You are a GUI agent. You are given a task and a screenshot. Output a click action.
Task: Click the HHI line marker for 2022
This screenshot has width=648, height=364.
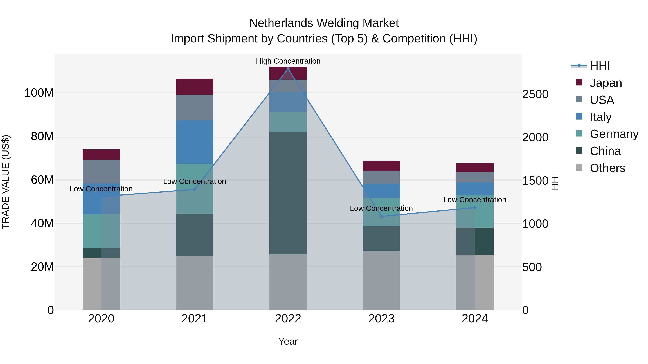click(288, 69)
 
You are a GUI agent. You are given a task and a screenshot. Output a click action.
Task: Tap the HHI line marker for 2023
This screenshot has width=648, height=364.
click(381, 216)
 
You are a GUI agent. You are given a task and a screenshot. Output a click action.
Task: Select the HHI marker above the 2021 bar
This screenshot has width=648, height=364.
click(194, 189)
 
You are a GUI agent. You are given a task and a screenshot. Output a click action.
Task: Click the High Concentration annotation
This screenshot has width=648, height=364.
click(288, 61)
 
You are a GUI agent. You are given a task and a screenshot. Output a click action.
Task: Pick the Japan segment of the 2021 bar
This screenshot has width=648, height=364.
click(194, 87)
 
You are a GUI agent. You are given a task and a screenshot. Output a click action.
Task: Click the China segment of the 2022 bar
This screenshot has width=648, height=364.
click(288, 193)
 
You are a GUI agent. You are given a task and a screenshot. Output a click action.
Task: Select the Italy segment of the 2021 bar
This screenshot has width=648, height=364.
click(194, 142)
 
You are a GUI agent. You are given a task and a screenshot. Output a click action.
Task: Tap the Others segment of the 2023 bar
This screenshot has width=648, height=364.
click(381, 280)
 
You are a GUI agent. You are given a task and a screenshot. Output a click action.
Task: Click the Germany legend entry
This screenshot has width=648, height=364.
click(614, 134)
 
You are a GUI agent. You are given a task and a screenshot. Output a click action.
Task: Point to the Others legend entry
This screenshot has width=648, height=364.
click(607, 168)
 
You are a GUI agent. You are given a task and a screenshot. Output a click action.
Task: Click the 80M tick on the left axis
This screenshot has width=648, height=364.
click(42, 136)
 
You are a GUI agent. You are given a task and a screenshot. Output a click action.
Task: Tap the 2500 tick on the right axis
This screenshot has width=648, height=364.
click(535, 94)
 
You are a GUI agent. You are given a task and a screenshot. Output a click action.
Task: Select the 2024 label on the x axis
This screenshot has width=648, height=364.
click(475, 319)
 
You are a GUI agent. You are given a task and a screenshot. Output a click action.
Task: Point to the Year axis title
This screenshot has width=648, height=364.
click(288, 341)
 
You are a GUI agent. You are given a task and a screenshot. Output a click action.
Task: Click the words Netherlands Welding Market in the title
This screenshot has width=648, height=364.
click(324, 23)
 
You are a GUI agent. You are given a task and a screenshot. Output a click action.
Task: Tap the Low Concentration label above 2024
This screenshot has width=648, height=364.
click(474, 200)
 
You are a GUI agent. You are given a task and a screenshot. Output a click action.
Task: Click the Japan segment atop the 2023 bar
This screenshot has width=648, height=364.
click(381, 166)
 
